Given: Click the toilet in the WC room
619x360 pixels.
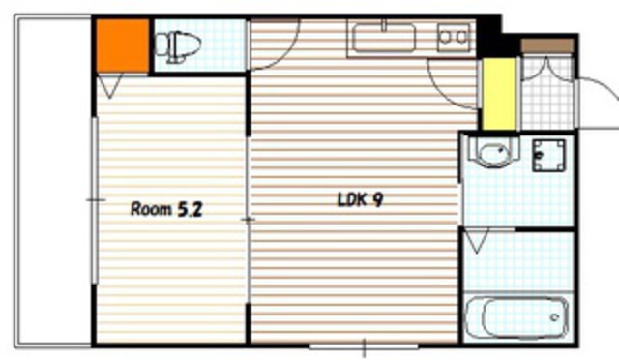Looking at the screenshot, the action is (x=178, y=45).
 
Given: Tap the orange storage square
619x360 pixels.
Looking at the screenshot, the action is (x=123, y=45).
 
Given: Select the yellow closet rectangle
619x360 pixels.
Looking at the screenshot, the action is (x=499, y=94).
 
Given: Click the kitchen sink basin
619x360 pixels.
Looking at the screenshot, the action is (x=384, y=38).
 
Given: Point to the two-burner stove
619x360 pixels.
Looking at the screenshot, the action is (x=454, y=38).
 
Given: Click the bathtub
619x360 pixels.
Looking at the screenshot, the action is (x=517, y=317).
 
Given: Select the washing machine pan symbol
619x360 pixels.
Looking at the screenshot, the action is (x=548, y=155).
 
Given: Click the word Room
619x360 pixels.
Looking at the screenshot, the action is (x=151, y=209).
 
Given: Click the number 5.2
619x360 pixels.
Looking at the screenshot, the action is (x=190, y=209).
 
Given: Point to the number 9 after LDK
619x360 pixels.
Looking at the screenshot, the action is (x=377, y=200).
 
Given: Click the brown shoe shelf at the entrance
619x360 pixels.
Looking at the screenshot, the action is (x=547, y=45).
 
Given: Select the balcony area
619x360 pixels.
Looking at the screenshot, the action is (x=54, y=182).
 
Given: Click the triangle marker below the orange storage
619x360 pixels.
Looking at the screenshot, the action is (x=110, y=86).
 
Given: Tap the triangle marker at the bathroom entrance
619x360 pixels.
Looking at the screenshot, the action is (x=477, y=241).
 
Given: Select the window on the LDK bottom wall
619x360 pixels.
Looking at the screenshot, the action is (x=364, y=347).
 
